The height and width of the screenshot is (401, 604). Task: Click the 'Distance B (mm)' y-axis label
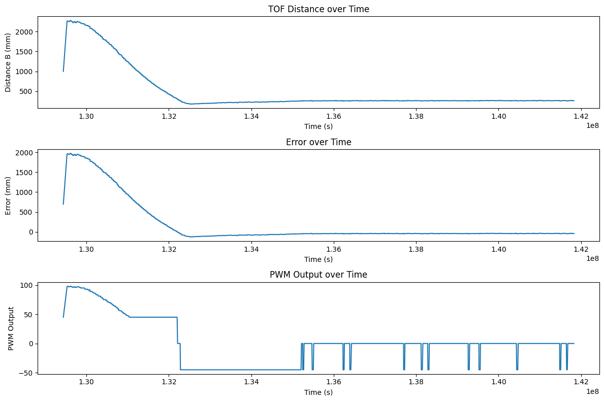pyautogui.click(x=8, y=62)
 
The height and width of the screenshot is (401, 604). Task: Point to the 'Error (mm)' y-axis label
pyautogui.click(x=8, y=195)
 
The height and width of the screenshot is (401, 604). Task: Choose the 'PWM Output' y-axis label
pyautogui.click(x=11, y=328)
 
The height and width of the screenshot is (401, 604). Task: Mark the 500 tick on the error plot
pyautogui.click(x=28, y=212)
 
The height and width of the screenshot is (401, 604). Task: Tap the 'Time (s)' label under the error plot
pyautogui.click(x=318, y=259)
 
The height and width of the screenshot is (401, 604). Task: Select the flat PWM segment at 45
pyautogui.click(x=152, y=317)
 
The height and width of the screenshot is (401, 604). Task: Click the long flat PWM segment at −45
pyautogui.click(x=239, y=370)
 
